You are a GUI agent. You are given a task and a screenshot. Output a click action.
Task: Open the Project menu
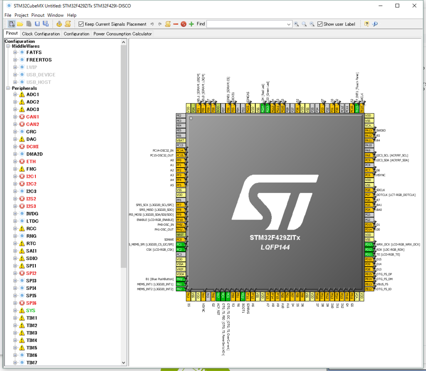[x=21, y=15]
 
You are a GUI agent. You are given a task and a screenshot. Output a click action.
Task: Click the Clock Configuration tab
[x=41, y=34]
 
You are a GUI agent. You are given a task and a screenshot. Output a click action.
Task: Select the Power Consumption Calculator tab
[x=122, y=34]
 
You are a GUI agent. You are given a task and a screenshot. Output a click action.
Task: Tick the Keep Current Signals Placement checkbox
[x=81, y=24]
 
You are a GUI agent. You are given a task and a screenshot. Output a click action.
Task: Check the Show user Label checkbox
[x=320, y=24]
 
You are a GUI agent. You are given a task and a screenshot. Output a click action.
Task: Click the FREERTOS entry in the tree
[x=39, y=60]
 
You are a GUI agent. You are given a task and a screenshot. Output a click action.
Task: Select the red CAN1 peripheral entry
[x=32, y=117]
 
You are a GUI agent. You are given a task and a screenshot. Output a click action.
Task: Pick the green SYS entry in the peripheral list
[x=31, y=311]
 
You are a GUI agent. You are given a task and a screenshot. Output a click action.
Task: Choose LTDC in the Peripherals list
[x=32, y=221]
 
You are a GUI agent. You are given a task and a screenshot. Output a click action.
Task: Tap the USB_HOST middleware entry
[x=39, y=82]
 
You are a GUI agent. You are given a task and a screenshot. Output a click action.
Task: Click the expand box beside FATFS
[x=15, y=52]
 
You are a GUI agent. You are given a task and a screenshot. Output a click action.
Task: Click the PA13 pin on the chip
[x=368, y=131]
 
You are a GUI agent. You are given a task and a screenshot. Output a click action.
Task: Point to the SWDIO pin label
[x=381, y=131]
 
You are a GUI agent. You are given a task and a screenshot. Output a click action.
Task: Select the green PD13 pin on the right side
[x=368, y=245]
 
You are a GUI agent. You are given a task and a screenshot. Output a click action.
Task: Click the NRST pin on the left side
[x=180, y=235]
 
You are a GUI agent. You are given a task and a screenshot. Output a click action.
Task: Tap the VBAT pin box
[x=180, y=141]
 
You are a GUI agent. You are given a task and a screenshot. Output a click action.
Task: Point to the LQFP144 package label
[x=275, y=247]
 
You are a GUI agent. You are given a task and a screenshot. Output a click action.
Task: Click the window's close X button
[x=414, y=5]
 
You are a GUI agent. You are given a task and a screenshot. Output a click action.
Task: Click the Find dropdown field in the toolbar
[x=248, y=24]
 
